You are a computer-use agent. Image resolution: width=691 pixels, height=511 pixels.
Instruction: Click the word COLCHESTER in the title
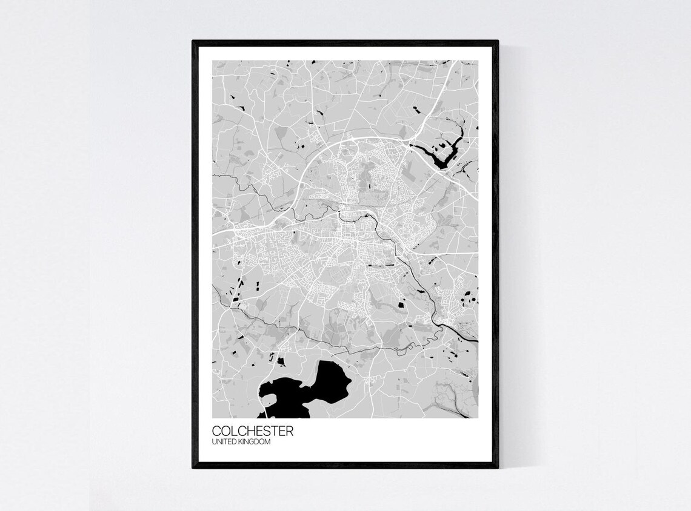tap(253, 432)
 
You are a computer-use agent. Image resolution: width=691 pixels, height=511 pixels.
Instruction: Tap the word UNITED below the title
tap(223, 443)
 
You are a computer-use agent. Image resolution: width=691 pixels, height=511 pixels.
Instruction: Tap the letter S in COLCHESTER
tap(267, 432)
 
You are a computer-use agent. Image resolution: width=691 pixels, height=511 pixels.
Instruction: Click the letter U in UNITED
tap(215, 443)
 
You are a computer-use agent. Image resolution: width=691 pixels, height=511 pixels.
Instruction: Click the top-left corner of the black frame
tap(193, 42)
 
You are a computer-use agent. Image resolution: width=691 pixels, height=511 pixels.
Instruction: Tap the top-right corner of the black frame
tap(498, 42)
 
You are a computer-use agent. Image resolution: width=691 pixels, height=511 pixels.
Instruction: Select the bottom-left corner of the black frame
tap(193, 467)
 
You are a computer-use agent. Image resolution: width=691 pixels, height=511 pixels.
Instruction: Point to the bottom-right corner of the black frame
tap(498, 467)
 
